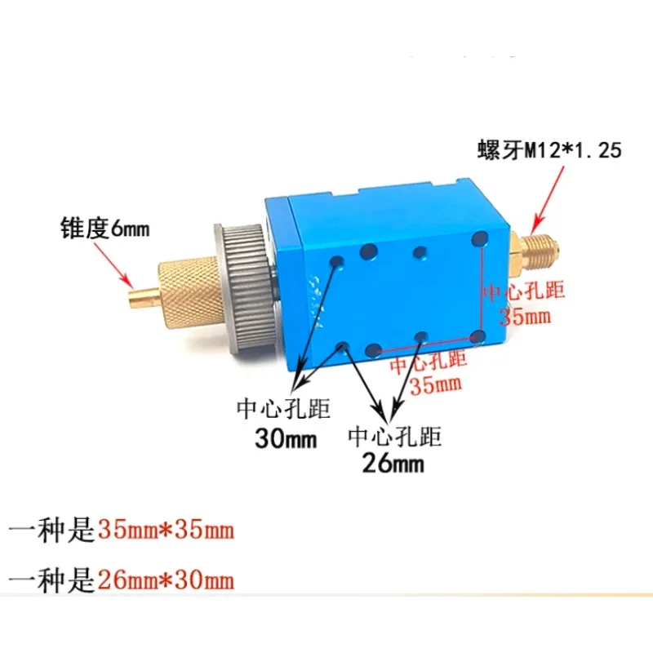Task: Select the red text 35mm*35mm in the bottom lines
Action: [166, 531]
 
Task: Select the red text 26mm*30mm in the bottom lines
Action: [166, 580]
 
